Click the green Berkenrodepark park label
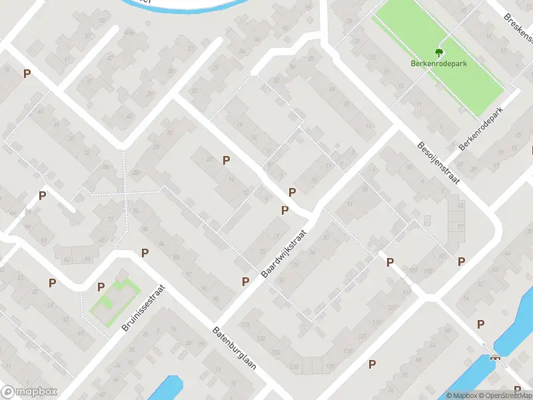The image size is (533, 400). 438,65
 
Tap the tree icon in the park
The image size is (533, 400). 438,51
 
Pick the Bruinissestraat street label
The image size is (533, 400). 143,307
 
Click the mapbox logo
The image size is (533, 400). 29,392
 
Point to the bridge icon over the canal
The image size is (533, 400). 495,356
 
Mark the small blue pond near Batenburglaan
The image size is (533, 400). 167,389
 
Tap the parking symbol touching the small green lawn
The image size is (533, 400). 101,287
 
